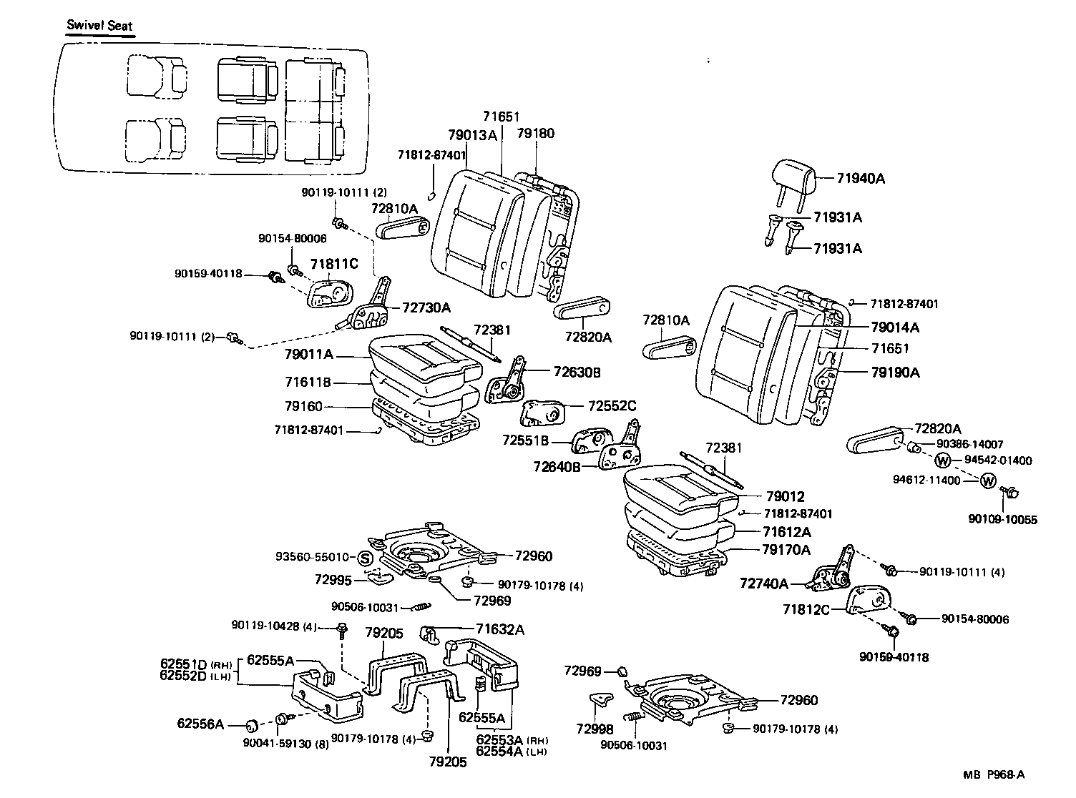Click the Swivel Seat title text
tap(99, 25)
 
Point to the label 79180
tap(535, 134)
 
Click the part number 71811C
tap(333, 265)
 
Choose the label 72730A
tap(426, 307)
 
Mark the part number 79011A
tap(309, 354)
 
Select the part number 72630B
tap(577, 372)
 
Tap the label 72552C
tap(612, 405)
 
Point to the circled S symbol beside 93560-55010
tap(364, 558)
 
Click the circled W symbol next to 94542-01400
tap(943, 460)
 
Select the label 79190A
tap(896, 373)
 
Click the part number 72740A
tap(764, 584)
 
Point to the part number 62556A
tap(200, 724)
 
